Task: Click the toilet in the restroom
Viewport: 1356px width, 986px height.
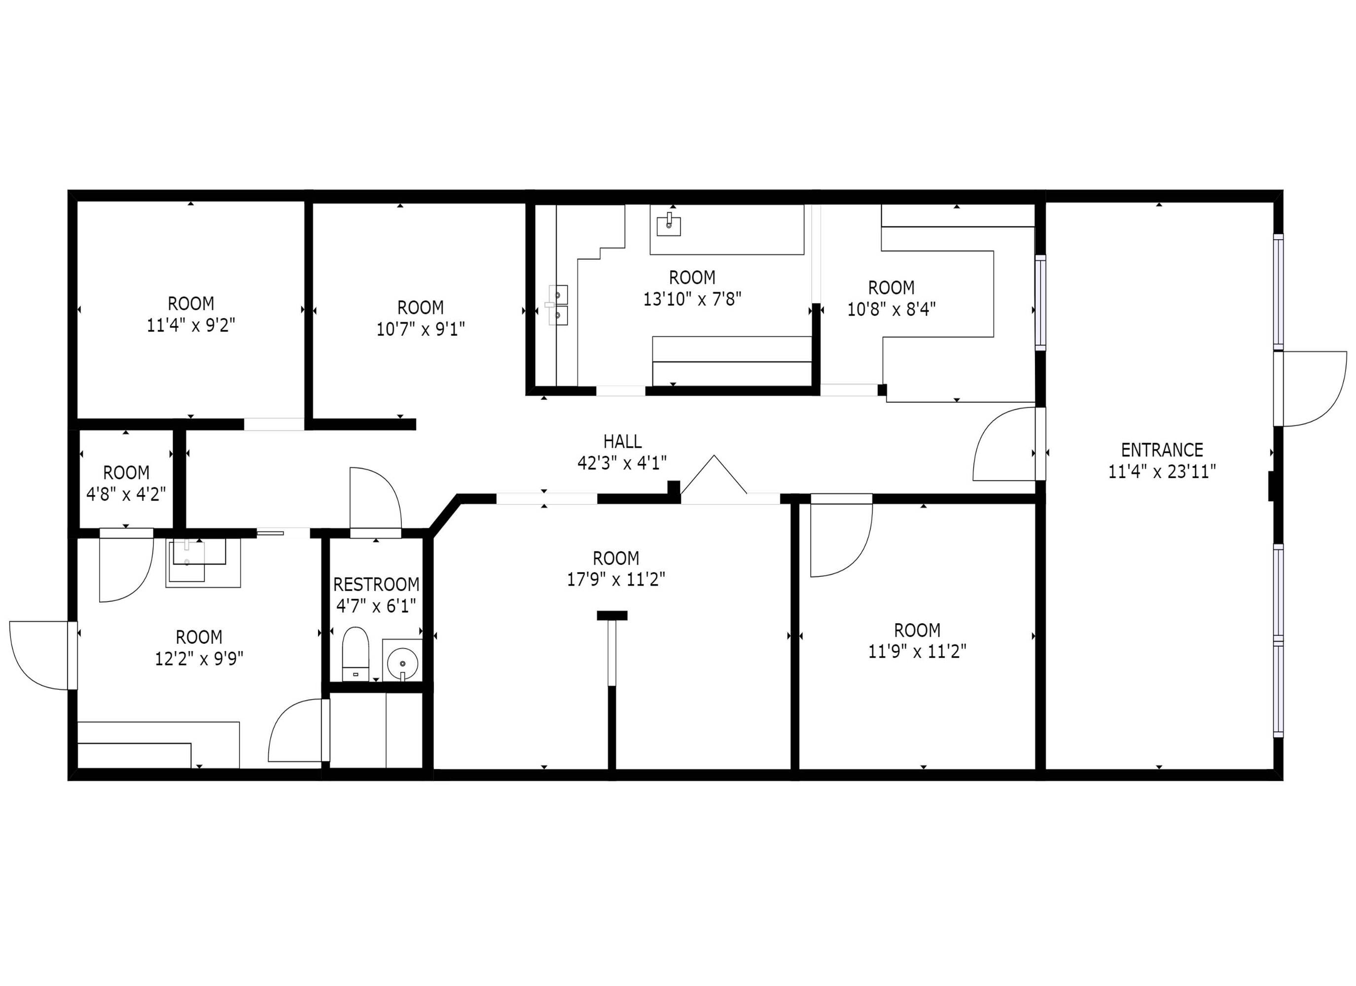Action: click(x=355, y=654)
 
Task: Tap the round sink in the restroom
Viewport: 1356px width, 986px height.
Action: click(x=402, y=663)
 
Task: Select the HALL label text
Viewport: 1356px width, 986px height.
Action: click(x=622, y=442)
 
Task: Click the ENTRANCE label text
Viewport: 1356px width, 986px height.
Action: click(x=1162, y=450)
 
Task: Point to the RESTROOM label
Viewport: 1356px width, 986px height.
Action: click(x=376, y=584)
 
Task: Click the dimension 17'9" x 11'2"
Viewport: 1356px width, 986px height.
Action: click(x=616, y=579)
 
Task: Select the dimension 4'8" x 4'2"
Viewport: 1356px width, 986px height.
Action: click(x=126, y=494)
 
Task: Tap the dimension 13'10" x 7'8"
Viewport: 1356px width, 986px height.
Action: click(x=692, y=299)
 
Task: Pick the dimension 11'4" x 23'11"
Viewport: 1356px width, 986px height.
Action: click(x=1162, y=472)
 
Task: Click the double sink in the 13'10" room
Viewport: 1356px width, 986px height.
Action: click(x=558, y=305)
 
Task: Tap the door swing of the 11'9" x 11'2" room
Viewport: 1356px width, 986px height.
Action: click(x=841, y=536)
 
